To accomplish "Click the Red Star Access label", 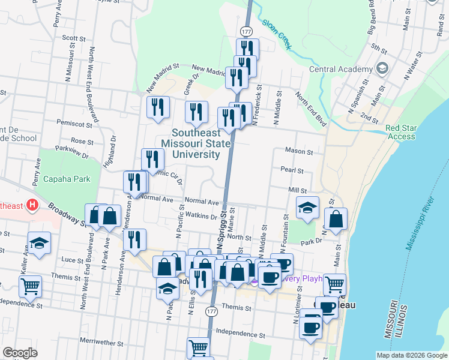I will point(400,132).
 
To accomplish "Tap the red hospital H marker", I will point(32,206).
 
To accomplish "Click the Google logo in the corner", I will point(20,353).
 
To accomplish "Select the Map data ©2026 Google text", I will point(412,355).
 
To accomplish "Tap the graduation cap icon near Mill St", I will point(307,207).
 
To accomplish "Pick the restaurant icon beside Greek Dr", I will point(196,111).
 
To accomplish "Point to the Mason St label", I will point(300,152).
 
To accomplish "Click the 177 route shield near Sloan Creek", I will point(246,30).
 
